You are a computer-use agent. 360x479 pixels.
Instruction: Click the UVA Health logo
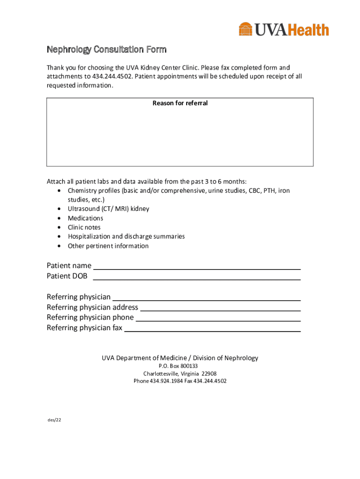point(284,29)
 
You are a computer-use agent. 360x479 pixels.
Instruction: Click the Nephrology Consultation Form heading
point(107,50)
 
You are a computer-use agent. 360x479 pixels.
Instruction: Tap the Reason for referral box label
point(180,103)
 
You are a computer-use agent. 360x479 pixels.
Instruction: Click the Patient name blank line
point(197,266)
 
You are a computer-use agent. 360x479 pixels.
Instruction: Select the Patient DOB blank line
point(197,276)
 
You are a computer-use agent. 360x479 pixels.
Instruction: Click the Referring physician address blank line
point(220,307)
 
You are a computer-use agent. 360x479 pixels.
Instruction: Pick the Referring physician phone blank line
point(218,318)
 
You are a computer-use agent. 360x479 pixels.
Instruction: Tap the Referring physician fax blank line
point(212,328)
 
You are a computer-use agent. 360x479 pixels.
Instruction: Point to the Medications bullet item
point(86,218)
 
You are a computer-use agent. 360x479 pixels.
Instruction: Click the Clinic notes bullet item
point(84,227)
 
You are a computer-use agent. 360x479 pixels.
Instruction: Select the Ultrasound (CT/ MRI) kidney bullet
point(108,209)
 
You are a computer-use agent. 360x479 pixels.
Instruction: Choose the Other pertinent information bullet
point(108,246)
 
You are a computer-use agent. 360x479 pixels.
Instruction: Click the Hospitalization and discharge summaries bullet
point(126,236)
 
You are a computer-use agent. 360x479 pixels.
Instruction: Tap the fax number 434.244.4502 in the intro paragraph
point(112,77)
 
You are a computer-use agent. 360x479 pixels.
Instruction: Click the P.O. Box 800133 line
point(180,366)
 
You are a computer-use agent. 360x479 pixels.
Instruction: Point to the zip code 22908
point(209,373)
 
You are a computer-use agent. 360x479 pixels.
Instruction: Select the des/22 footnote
point(54,420)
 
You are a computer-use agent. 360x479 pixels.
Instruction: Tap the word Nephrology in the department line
point(241,358)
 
